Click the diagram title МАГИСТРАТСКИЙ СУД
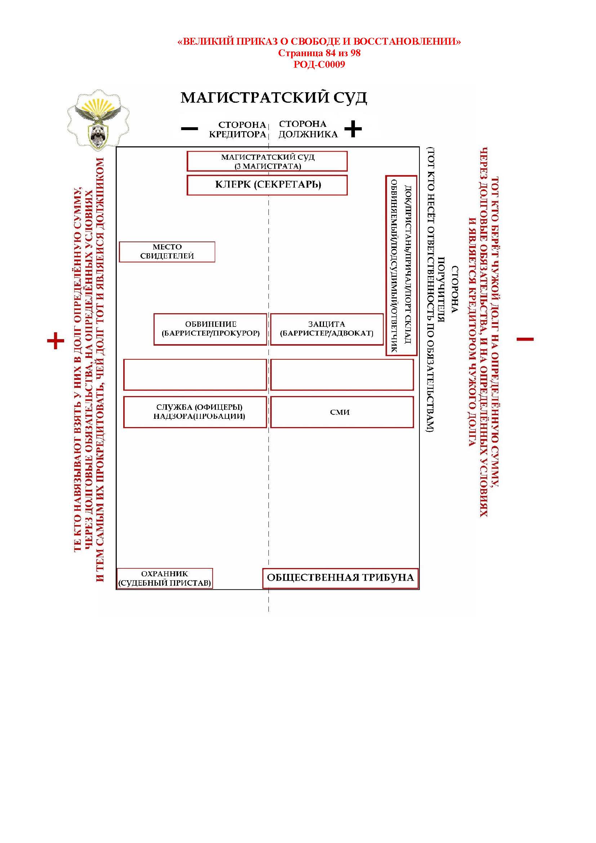273,98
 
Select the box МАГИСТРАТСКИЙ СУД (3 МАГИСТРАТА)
267,161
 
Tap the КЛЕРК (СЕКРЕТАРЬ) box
267,185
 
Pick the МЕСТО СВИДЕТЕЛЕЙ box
167,252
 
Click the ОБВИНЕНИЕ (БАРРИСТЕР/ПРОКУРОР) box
210,329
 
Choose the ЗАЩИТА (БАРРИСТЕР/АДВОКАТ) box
326,329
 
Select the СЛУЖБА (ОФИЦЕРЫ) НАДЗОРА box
195,412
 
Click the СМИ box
342,412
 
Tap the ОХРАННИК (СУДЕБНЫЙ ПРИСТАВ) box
164,578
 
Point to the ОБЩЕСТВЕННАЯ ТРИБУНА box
340,578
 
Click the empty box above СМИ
342,374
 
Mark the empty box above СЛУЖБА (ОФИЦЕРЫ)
195,374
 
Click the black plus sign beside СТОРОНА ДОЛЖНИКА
353,129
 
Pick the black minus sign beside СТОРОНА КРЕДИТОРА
190,129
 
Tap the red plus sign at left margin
56,341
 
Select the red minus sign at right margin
525,339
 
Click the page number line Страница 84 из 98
319,53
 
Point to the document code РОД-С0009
319,65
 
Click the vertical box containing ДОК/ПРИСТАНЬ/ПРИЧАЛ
401,266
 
